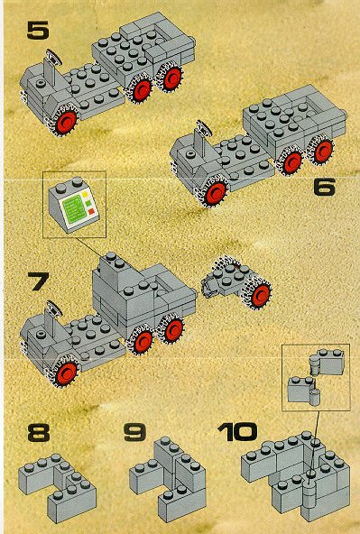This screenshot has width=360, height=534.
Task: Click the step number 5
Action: click(38, 31)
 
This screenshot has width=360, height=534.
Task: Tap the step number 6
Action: click(324, 187)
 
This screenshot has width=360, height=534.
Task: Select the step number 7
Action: click(39, 281)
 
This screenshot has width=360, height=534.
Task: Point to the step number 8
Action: click(39, 432)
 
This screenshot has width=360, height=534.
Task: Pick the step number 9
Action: click(134, 432)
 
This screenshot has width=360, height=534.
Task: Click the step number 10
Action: click(237, 432)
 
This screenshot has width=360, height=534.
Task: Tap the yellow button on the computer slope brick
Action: click(85, 195)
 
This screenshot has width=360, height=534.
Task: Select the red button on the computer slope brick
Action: click(91, 212)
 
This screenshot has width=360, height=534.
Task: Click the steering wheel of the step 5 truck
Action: click(53, 57)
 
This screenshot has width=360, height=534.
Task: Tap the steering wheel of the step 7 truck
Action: click(54, 308)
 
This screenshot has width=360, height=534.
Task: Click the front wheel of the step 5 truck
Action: click(65, 121)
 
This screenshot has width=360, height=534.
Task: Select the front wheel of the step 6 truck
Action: click(214, 191)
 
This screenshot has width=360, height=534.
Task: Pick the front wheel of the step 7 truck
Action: click(66, 372)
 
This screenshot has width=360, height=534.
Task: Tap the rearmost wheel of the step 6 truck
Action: click(322, 150)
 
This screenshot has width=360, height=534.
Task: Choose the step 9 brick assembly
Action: click(168, 480)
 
